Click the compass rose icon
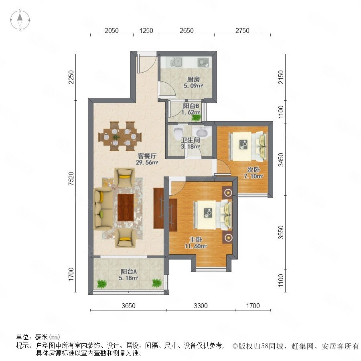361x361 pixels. [x=20, y=20]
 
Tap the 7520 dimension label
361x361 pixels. [x=71, y=178]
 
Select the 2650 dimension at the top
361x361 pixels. [x=187, y=30]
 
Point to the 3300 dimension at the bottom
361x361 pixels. [x=201, y=306]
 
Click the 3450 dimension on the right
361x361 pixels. [x=281, y=160]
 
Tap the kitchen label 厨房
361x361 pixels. [x=193, y=79]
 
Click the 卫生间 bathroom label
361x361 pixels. [x=190, y=140]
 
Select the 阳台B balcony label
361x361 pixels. [x=191, y=106]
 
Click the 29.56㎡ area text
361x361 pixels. [x=147, y=162]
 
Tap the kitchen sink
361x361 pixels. [x=176, y=62]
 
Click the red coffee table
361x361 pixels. [x=126, y=207]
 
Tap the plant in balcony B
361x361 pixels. [x=196, y=118]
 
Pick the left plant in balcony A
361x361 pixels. [x=101, y=284]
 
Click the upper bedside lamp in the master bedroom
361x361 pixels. [x=228, y=192]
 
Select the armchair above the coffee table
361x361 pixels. [x=125, y=177]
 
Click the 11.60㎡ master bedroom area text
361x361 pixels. [x=196, y=246]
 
